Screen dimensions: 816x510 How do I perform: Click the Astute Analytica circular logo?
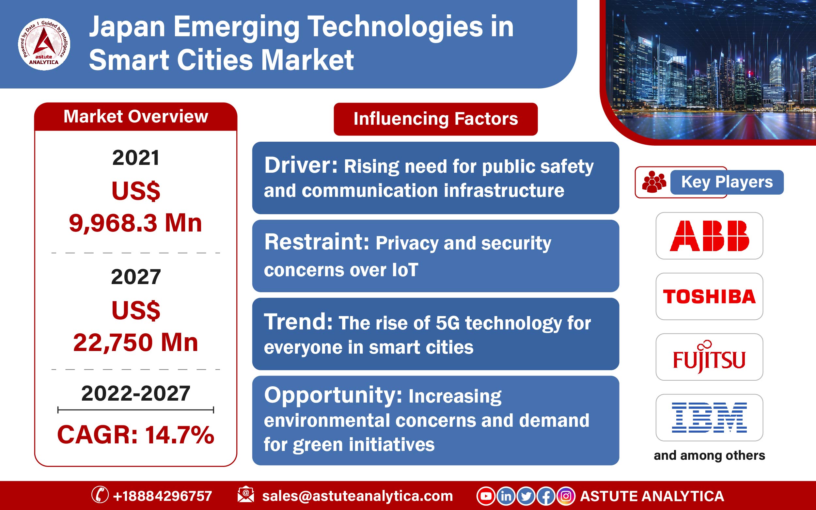(x=44, y=44)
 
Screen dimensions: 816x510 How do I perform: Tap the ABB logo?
(x=709, y=236)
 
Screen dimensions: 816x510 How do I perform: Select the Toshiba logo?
(x=709, y=296)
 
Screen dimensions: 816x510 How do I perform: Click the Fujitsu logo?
(x=709, y=357)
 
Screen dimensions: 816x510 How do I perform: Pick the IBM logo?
(x=709, y=418)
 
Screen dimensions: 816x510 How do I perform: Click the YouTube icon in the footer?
(x=486, y=496)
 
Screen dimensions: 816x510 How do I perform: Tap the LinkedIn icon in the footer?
(x=506, y=496)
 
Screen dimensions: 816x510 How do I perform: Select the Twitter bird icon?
(x=526, y=496)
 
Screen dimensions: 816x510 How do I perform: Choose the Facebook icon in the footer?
(x=546, y=496)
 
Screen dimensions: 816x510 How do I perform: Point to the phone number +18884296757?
(x=163, y=496)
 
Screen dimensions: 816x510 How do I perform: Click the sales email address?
(x=357, y=496)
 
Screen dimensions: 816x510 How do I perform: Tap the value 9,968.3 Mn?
(x=135, y=223)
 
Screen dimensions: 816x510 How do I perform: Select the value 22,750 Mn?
(x=135, y=343)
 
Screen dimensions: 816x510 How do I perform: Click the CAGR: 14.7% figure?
(x=135, y=435)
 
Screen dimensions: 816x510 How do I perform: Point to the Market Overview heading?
(x=135, y=116)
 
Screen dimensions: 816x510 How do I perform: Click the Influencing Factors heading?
(x=436, y=119)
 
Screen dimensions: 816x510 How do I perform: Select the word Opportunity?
(x=333, y=395)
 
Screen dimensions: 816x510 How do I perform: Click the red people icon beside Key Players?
(x=654, y=182)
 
